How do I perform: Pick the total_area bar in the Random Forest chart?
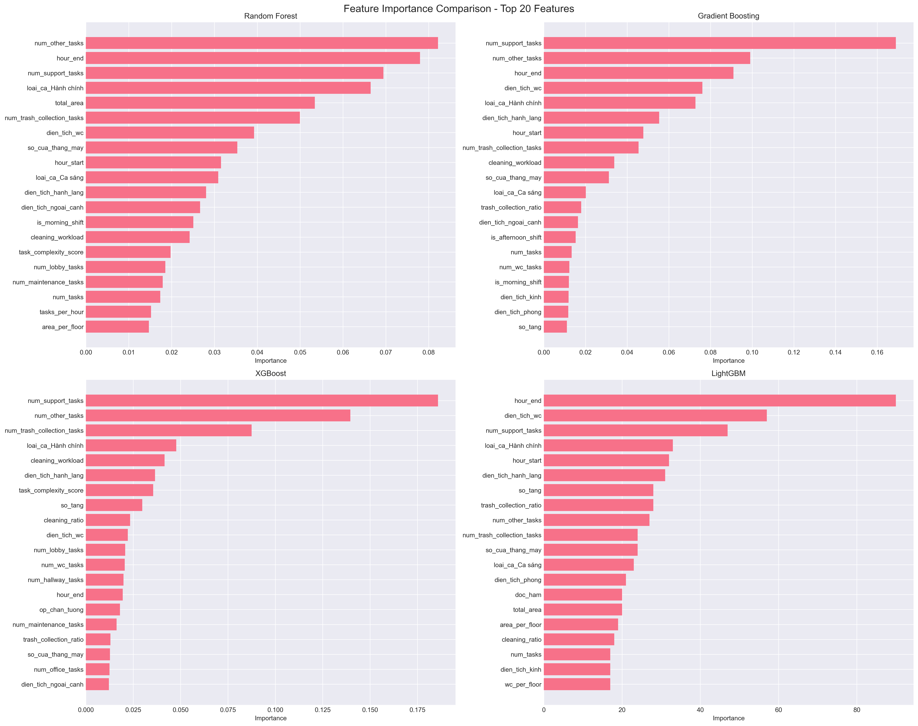200,103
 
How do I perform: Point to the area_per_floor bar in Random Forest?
117,327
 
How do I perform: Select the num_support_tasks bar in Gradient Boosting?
719,43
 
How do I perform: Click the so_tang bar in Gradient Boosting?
555,327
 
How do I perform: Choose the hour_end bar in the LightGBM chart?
719,401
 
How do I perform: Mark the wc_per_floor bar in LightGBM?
577,684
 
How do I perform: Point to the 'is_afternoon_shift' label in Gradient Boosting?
516,237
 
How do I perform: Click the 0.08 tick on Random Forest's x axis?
428,352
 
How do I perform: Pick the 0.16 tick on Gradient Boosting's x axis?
877,352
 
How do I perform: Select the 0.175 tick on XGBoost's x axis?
417,710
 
